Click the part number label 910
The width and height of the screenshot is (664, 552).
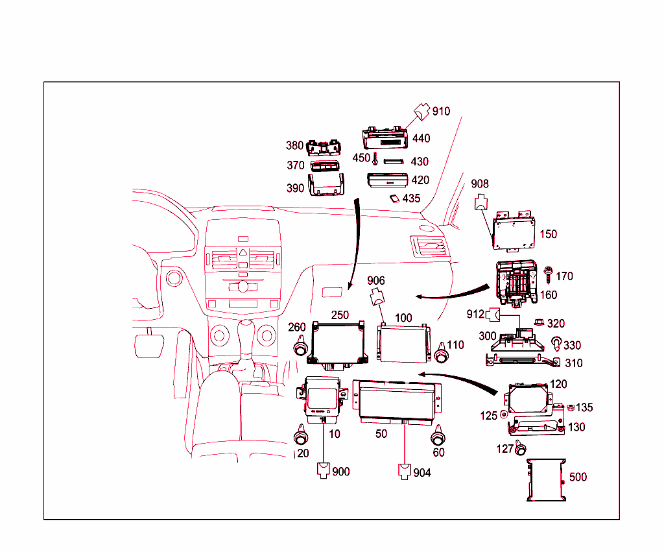click(x=441, y=112)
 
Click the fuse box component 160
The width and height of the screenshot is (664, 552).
click(x=516, y=281)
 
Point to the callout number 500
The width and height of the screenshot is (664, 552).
click(x=577, y=477)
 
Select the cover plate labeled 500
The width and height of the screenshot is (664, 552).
click(x=546, y=480)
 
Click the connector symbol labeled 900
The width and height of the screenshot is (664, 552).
click(x=324, y=470)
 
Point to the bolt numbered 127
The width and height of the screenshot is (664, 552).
click(x=520, y=448)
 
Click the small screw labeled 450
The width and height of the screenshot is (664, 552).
click(x=375, y=158)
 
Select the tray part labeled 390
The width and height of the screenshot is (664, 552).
click(x=326, y=186)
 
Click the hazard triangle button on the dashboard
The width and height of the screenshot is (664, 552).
click(x=242, y=254)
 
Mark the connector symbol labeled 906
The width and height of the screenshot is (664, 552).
click(x=376, y=299)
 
